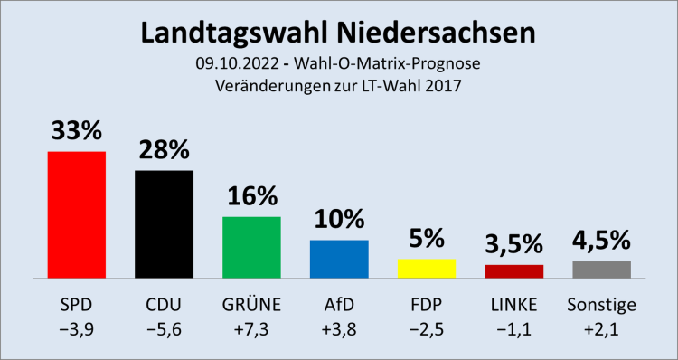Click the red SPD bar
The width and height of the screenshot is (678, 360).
(x=77, y=214)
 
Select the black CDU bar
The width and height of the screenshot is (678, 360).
(x=164, y=224)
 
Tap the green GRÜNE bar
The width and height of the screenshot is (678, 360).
(x=251, y=247)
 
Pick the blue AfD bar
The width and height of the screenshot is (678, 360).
(x=339, y=259)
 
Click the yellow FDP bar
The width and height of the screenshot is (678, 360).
(x=426, y=268)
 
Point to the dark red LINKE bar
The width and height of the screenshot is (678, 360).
(x=513, y=270)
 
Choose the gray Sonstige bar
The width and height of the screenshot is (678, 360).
(x=601, y=269)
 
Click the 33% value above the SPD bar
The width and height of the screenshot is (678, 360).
(x=77, y=131)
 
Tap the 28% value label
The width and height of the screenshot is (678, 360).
(x=164, y=150)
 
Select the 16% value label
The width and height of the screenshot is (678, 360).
(x=251, y=196)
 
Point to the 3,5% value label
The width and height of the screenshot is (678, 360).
(x=513, y=243)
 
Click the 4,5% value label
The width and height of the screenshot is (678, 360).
(x=601, y=240)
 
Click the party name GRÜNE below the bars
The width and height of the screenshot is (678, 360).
(x=251, y=302)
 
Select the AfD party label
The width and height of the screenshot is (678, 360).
(x=339, y=302)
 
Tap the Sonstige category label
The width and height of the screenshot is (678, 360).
(x=601, y=302)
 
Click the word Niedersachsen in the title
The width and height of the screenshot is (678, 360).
(x=433, y=33)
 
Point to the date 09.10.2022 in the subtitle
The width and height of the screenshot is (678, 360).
(x=231, y=64)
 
